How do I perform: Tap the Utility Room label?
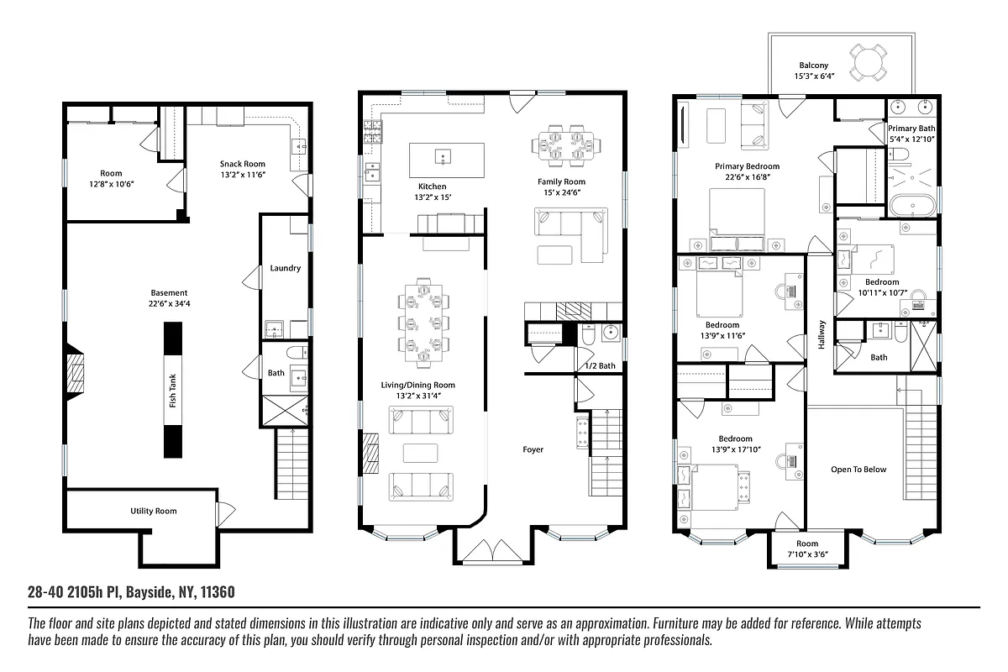[x=153, y=511]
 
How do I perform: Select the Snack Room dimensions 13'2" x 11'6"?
[x=243, y=175]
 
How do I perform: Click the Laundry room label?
[x=286, y=269]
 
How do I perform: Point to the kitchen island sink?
[x=440, y=157]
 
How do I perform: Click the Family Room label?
[x=562, y=181]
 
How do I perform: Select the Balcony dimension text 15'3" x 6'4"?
[x=813, y=76]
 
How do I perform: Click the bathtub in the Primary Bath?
[x=911, y=205]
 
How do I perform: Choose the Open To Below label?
[x=858, y=470]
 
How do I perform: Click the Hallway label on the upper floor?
[x=822, y=336]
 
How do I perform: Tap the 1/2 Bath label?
[x=600, y=365]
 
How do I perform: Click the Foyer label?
[x=533, y=449]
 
